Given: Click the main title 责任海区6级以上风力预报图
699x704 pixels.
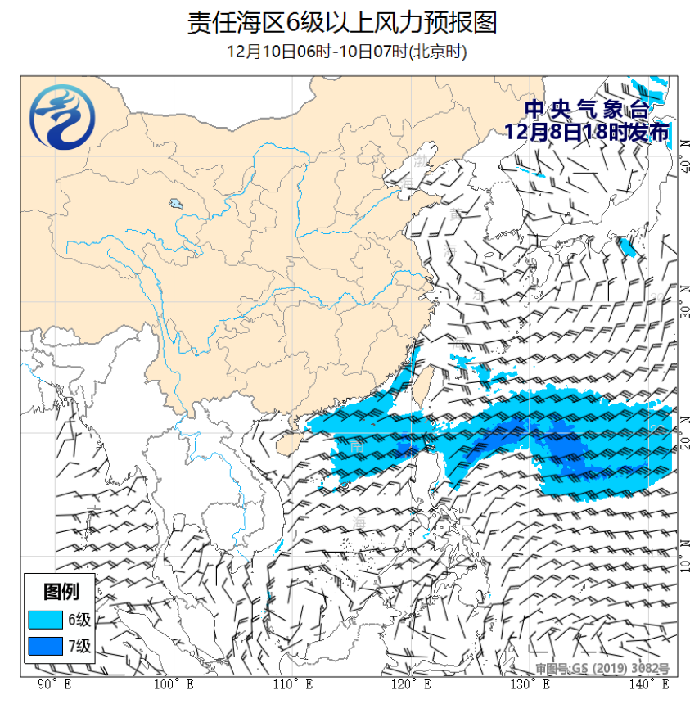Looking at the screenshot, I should (x=342, y=22).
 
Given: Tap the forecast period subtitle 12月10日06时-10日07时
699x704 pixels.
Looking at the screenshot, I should (x=346, y=52).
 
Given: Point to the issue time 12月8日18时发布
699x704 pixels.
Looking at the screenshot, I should (x=586, y=132).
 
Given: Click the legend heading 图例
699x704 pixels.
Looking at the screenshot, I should (x=61, y=591).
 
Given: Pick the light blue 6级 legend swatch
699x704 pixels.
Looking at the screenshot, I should (x=47, y=619).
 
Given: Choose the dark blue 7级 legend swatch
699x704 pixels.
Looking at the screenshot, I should (x=47, y=647).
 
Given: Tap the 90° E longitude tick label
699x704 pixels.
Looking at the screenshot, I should (x=53, y=684).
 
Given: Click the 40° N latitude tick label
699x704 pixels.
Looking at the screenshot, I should (x=684, y=167).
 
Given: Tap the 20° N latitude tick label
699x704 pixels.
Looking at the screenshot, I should (x=684, y=441).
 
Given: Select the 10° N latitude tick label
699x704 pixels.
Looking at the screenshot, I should (x=684, y=564).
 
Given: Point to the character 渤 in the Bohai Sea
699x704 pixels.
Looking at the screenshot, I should (x=422, y=157).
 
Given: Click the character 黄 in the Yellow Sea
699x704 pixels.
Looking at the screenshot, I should (x=455, y=214).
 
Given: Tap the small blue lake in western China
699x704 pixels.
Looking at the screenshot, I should (x=175, y=204).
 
